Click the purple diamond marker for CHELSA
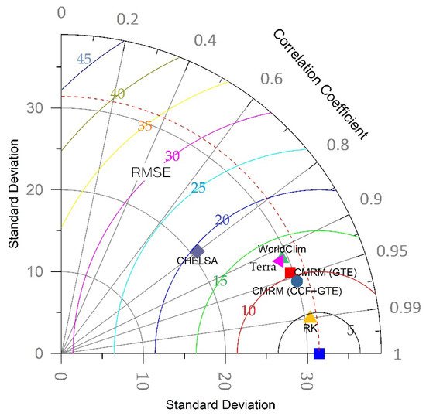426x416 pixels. point(197,251)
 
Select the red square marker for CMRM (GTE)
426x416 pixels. point(290,272)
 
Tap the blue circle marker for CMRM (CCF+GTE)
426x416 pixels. point(297,281)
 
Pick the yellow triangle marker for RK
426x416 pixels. point(310,317)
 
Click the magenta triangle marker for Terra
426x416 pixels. point(279,262)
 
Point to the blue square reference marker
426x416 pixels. point(318,353)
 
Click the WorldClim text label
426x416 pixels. point(277,249)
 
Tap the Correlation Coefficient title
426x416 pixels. point(325,83)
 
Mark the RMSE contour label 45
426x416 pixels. point(84,60)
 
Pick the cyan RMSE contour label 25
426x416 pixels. point(198,188)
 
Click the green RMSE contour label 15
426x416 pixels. point(242,281)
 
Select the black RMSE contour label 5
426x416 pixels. point(350,330)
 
